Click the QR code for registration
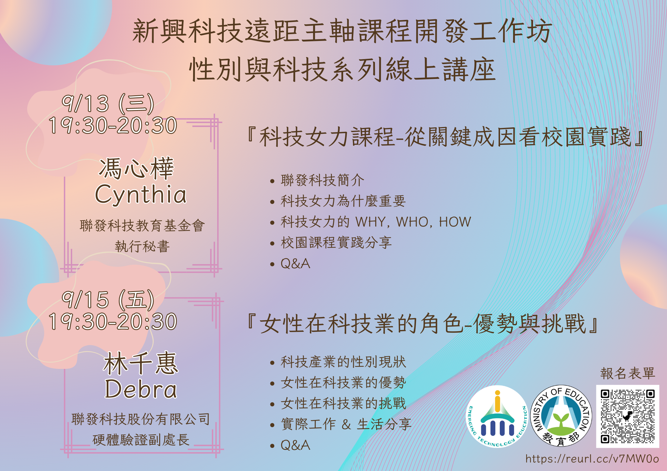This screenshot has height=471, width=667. tap(627, 416)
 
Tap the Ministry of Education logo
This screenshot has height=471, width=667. tap(561, 416)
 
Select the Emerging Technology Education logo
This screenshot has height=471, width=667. tap(497, 416)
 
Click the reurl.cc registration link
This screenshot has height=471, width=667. tap(592, 459)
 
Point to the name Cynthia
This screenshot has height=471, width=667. tap(141, 195)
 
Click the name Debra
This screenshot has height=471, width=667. tap(141, 389)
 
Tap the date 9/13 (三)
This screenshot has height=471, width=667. tap(108, 103)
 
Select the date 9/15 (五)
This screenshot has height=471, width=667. tap(108, 299)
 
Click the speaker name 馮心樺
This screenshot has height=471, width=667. tap(136, 168)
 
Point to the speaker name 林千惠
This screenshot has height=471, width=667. tap(141, 363)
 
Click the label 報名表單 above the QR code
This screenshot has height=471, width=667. tap(627, 373)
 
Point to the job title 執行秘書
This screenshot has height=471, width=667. tap(142, 246)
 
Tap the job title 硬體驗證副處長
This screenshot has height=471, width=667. tap(141, 440)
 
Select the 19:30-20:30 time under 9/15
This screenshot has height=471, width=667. tap(113, 321)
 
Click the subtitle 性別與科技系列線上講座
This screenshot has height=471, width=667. tap(342, 70)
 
